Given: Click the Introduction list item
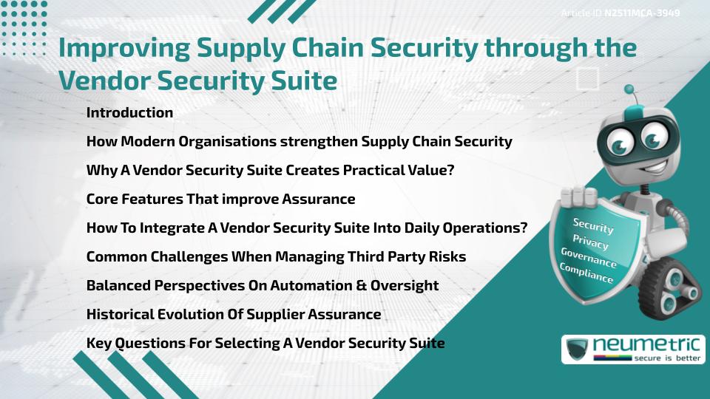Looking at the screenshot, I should (x=129, y=113).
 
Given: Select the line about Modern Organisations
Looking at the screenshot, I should (x=299, y=142).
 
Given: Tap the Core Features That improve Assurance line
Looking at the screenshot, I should (x=220, y=199).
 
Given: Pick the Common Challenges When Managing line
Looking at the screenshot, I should (x=275, y=257).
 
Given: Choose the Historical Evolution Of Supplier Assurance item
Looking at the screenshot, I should (x=233, y=315).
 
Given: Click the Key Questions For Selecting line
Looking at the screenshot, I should (x=265, y=344).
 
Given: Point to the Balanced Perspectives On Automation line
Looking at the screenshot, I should (x=262, y=286).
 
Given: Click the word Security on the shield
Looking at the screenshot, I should (x=592, y=226).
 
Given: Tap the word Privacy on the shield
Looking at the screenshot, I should (x=590, y=242).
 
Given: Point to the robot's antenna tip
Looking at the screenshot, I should (x=629, y=89).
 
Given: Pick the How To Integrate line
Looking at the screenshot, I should (x=306, y=228).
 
